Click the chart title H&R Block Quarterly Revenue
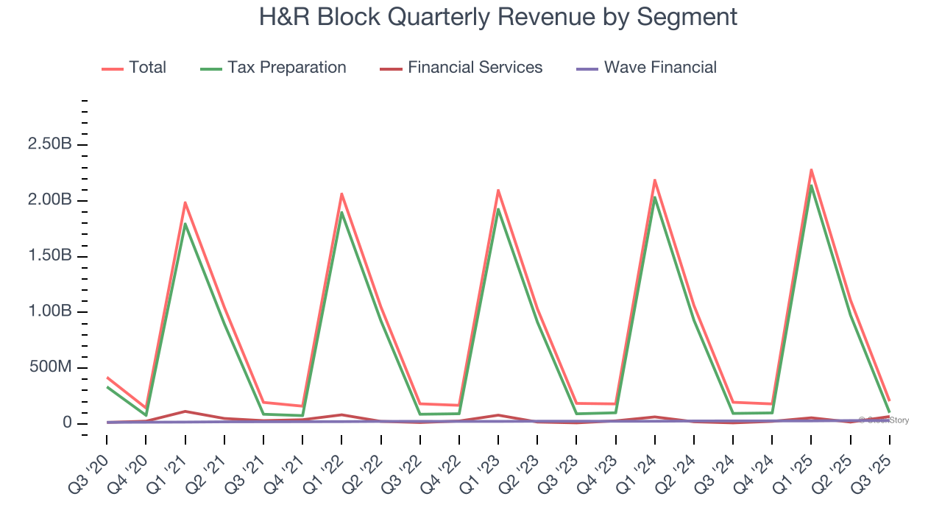tap(497, 16)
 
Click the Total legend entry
tap(146, 68)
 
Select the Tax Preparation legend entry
tap(286, 68)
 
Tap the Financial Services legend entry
tap(474, 68)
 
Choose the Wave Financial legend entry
tap(659, 68)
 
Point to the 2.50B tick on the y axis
tap(49, 144)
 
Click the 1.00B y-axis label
tap(49, 311)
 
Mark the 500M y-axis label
tap(51, 367)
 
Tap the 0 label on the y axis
tap(67, 423)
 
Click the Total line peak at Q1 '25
tap(811, 170)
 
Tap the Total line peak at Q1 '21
tap(185, 202)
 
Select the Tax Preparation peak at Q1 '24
tap(655, 197)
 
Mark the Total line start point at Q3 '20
tap(107, 377)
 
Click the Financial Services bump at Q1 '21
tap(185, 411)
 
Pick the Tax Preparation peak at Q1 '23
tap(498, 209)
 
